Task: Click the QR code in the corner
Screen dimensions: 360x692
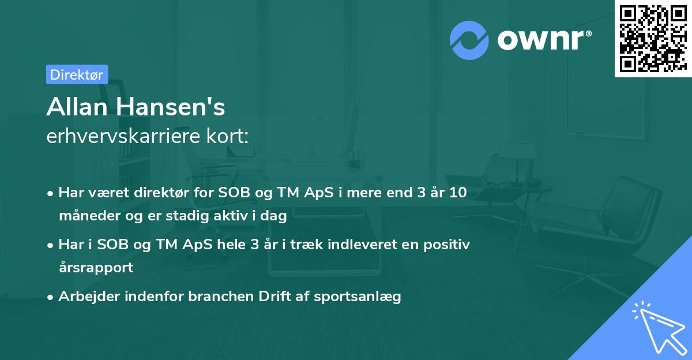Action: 652,38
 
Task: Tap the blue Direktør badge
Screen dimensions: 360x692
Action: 77,74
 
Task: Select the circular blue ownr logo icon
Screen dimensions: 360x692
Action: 469,39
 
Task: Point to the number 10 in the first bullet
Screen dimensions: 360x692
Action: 458,193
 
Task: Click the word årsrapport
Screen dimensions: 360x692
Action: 96,268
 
